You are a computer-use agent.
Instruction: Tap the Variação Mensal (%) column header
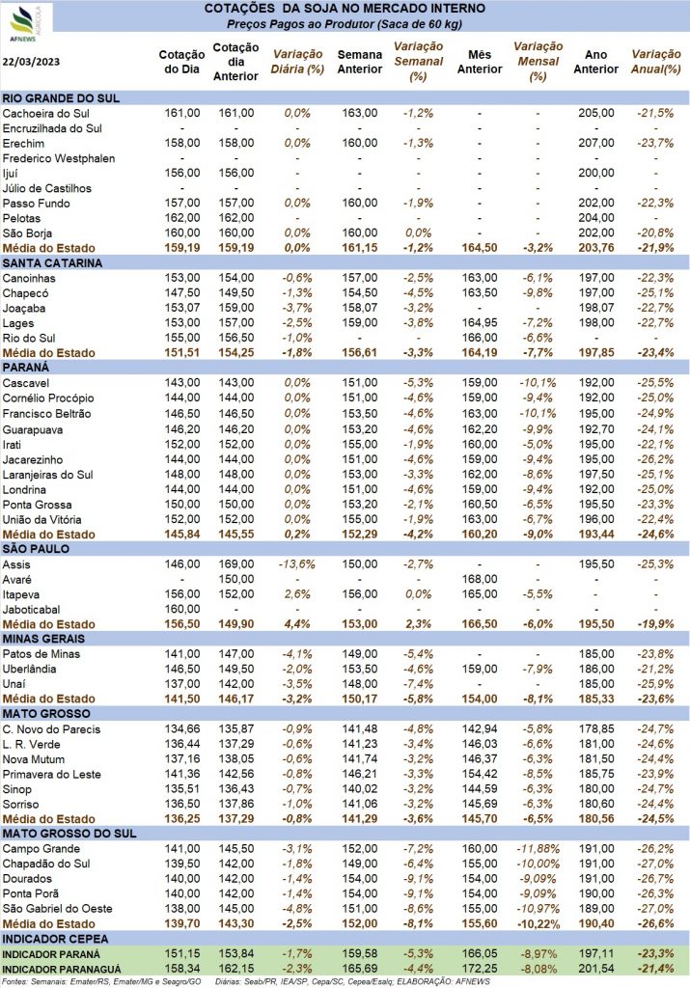(x=538, y=61)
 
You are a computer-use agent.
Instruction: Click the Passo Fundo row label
(x=36, y=203)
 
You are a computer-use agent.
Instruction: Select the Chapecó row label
(x=28, y=292)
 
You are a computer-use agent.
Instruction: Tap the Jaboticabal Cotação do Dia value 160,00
(x=182, y=609)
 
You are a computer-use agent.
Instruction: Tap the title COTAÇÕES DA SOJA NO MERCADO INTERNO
(x=345, y=9)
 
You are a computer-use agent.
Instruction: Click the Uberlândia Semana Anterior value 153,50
(x=358, y=668)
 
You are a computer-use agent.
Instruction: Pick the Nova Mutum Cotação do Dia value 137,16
(x=182, y=757)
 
